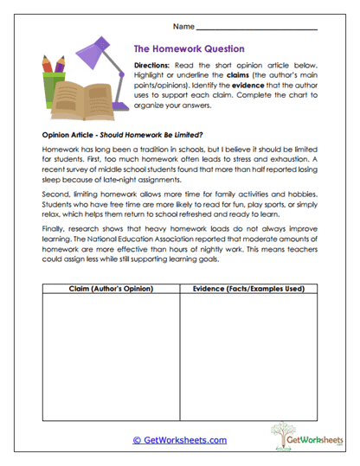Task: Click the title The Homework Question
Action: click(x=190, y=49)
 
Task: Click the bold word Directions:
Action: click(x=155, y=66)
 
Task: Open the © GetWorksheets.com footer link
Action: click(x=179, y=440)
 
